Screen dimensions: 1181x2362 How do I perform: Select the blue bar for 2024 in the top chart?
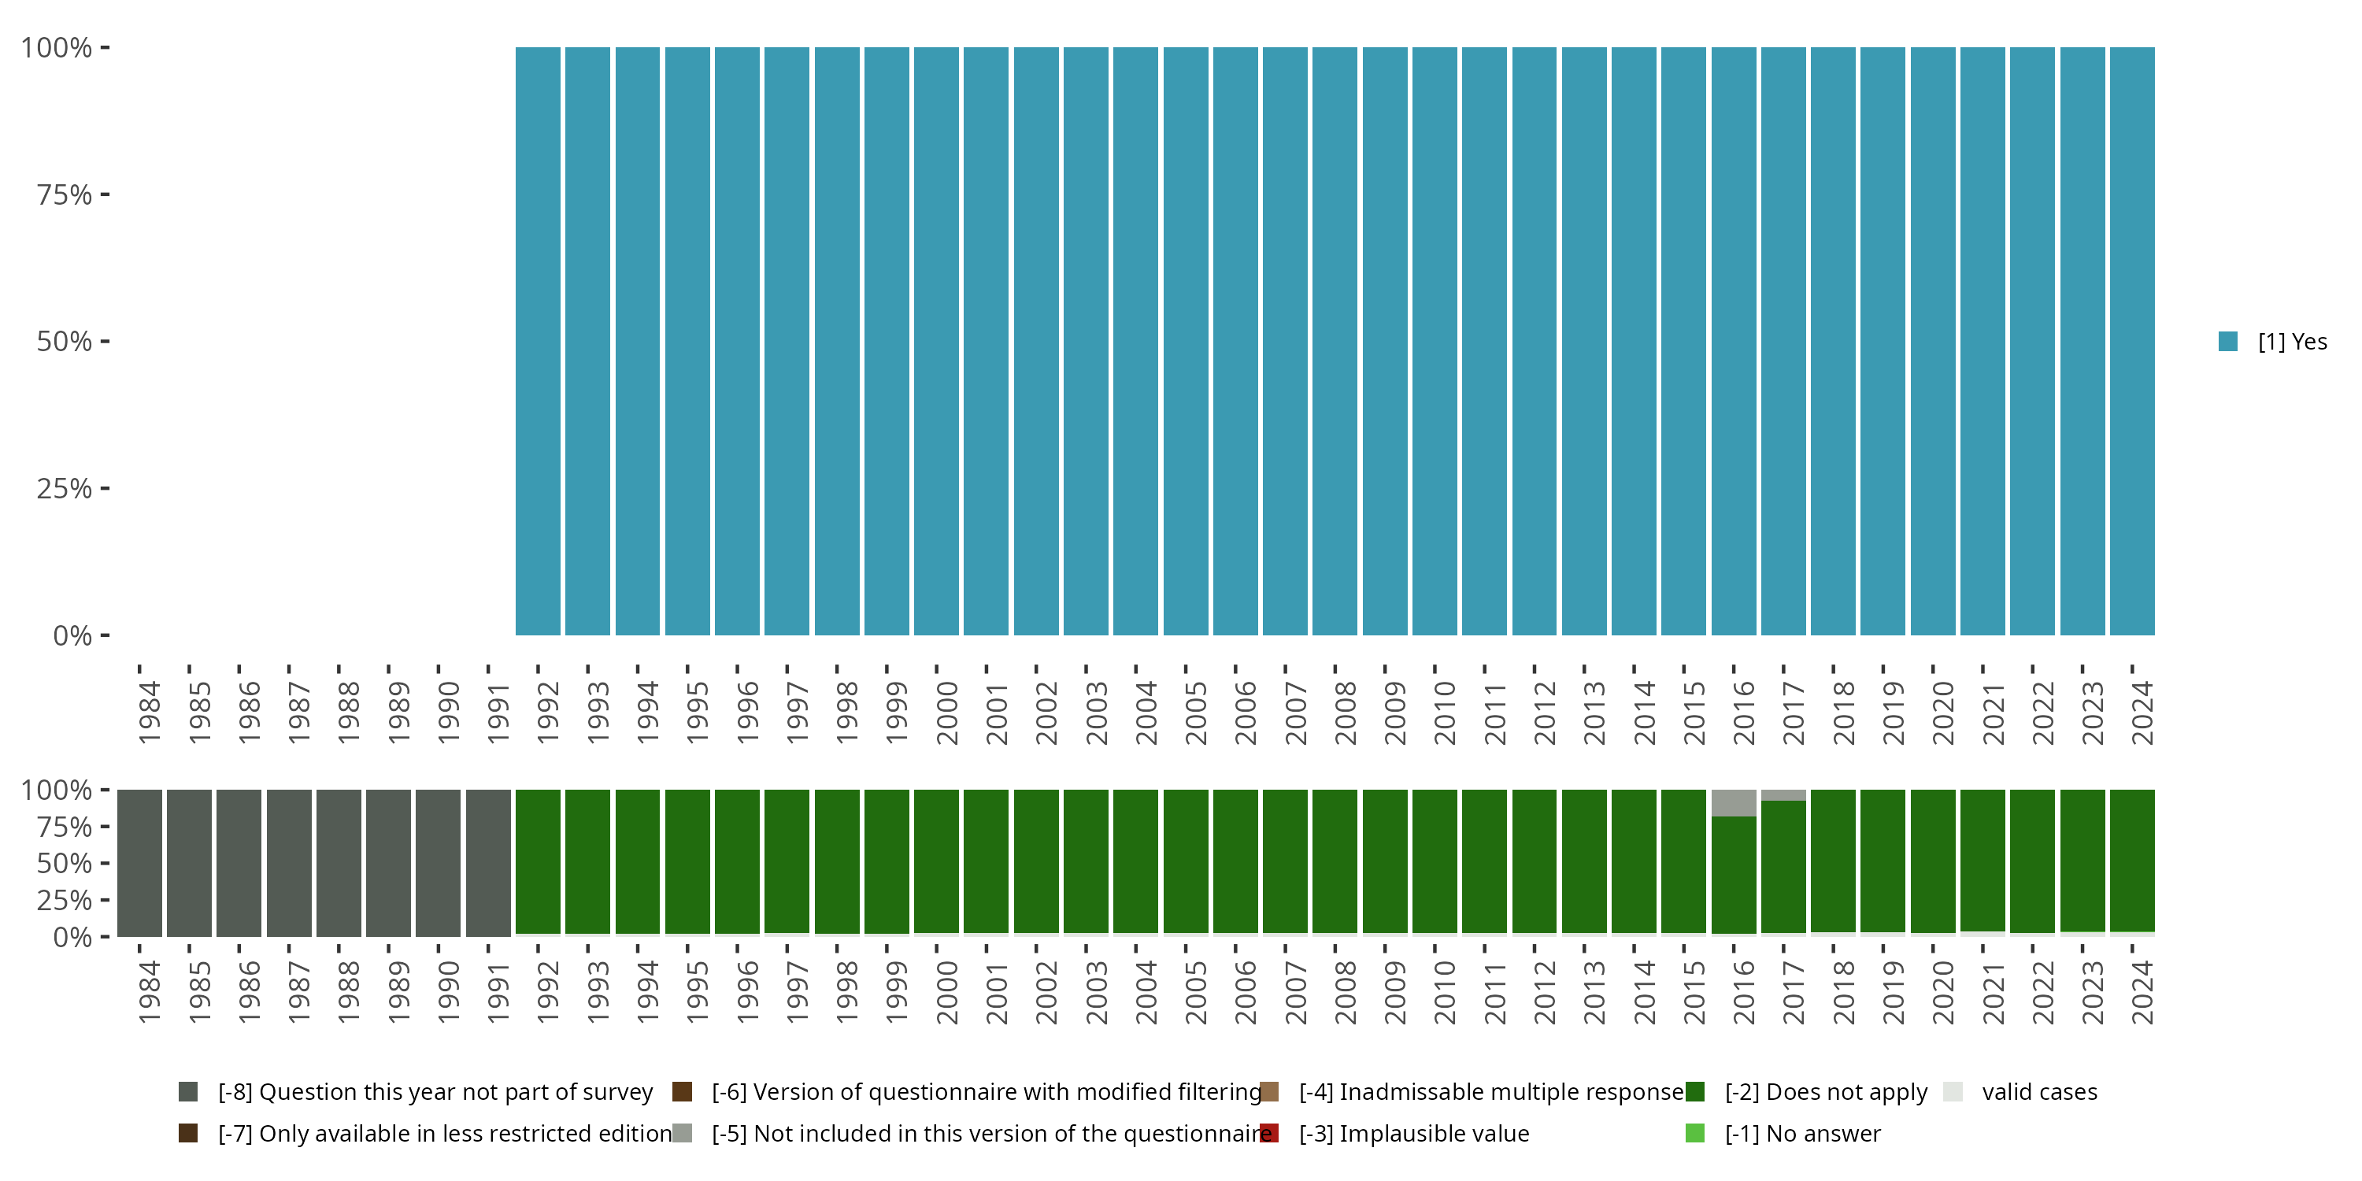[x=2132, y=341]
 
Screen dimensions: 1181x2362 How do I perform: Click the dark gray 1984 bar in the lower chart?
[x=139, y=863]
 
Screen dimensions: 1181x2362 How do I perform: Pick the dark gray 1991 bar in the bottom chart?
[x=488, y=863]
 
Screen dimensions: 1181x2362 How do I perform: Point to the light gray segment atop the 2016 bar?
[x=1733, y=803]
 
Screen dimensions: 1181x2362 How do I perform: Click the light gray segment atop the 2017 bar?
[x=1783, y=795]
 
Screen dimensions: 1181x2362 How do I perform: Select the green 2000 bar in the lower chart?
[x=936, y=861]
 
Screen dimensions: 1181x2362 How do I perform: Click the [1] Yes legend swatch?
[x=2227, y=342]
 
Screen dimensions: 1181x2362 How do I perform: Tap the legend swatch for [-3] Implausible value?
[x=1269, y=1133]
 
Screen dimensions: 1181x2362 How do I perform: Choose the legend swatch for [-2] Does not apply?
[x=1694, y=1092]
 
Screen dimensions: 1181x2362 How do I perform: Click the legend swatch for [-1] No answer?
[x=1694, y=1133]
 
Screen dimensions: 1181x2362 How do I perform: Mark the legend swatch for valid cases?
[x=1953, y=1092]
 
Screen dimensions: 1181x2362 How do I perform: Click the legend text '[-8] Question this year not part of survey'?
[x=435, y=1092]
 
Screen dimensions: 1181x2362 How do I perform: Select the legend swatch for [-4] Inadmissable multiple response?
[x=1269, y=1092]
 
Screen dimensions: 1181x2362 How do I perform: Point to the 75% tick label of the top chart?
[x=65, y=194]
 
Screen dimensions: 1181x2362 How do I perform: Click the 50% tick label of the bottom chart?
[x=65, y=864]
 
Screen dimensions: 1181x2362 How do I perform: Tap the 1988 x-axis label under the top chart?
[x=349, y=713]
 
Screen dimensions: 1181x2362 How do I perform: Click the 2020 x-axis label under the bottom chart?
[x=1942, y=992]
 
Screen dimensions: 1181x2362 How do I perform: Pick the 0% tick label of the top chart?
[x=72, y=635]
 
